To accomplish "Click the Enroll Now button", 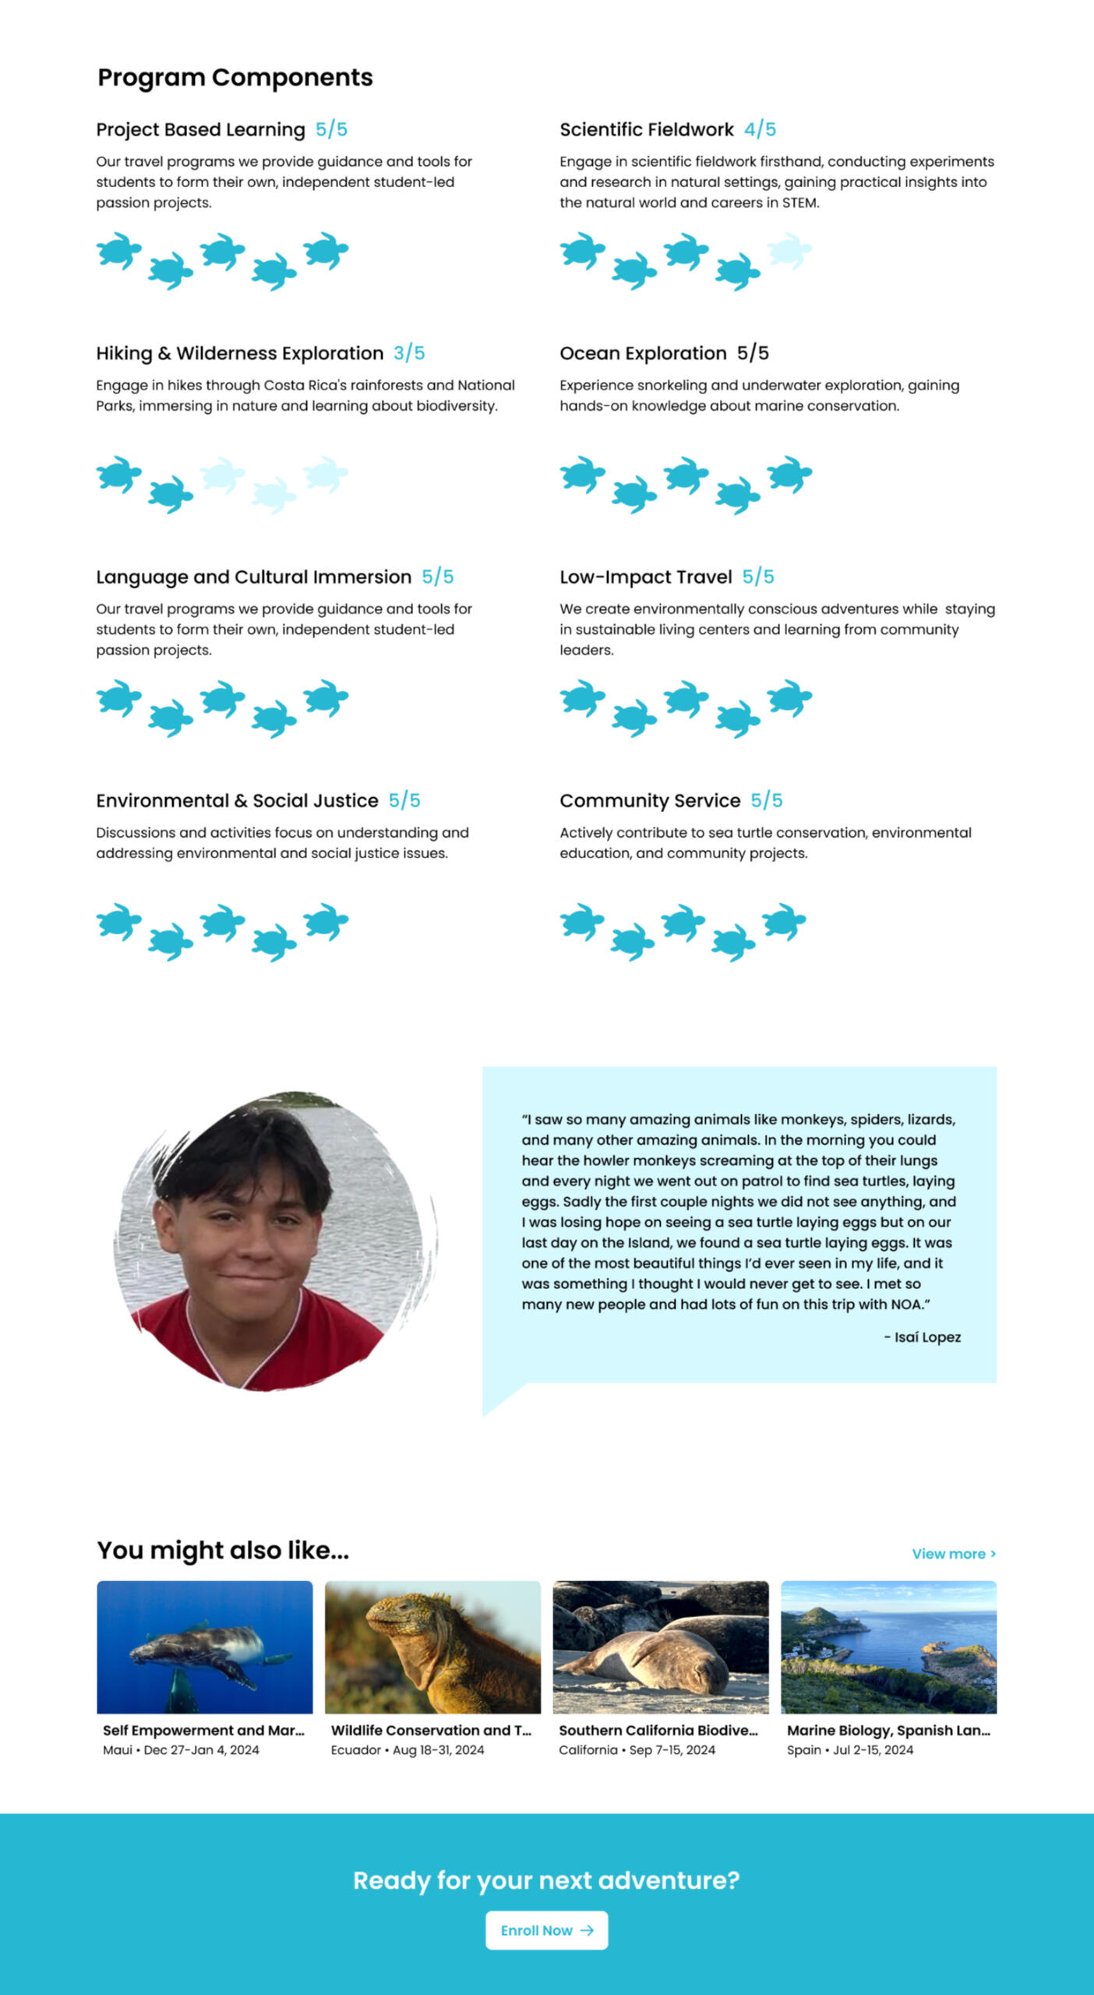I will [546, 1930].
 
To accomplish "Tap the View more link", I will [953, 1553].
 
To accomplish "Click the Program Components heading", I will [235, 77].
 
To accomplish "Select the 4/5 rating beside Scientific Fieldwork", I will [760, 129].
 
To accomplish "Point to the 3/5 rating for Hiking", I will [409, 353].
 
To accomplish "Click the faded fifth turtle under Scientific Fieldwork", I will [789, 251].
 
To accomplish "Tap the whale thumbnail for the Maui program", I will [204, 1646].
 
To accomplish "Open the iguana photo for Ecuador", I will [432, 1646].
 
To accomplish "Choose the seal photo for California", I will [661, 1646].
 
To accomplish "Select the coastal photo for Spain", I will [888, 1646].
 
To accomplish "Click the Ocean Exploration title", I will [643, 353].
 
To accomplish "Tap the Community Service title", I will [650, 800].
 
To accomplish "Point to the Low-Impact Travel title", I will [645, 577].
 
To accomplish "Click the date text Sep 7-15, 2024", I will [672, 1750].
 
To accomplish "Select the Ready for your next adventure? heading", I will [546, 1880].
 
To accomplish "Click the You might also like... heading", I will [223, 1550].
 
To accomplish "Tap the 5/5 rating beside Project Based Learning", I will [331, 129].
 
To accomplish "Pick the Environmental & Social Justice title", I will [237, 800].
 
